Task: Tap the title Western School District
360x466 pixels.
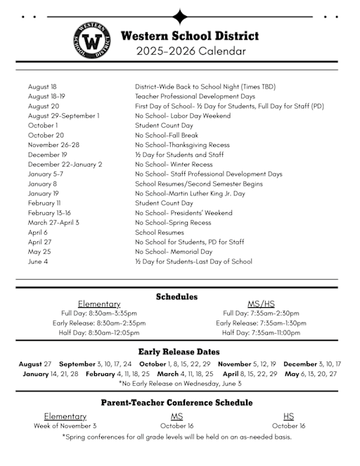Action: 190,36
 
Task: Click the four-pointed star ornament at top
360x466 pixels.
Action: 181,17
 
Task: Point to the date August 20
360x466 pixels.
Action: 44,105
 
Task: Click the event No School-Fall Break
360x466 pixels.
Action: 167,135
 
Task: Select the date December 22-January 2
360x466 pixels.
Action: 65,164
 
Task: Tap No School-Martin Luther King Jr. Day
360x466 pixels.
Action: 190,193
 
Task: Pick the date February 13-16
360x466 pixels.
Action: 49,213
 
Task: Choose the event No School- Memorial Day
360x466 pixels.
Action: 174,252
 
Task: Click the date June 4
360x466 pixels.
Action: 38,261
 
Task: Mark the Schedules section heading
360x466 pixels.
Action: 176,297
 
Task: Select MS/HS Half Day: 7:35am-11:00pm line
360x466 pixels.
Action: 261,332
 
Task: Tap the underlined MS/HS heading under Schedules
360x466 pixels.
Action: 261,304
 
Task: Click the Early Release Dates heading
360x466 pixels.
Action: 179,351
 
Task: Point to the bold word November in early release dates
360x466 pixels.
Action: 234,364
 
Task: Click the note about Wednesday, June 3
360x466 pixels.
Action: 181,384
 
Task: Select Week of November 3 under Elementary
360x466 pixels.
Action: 65,426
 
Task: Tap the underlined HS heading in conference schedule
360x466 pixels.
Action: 288,416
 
